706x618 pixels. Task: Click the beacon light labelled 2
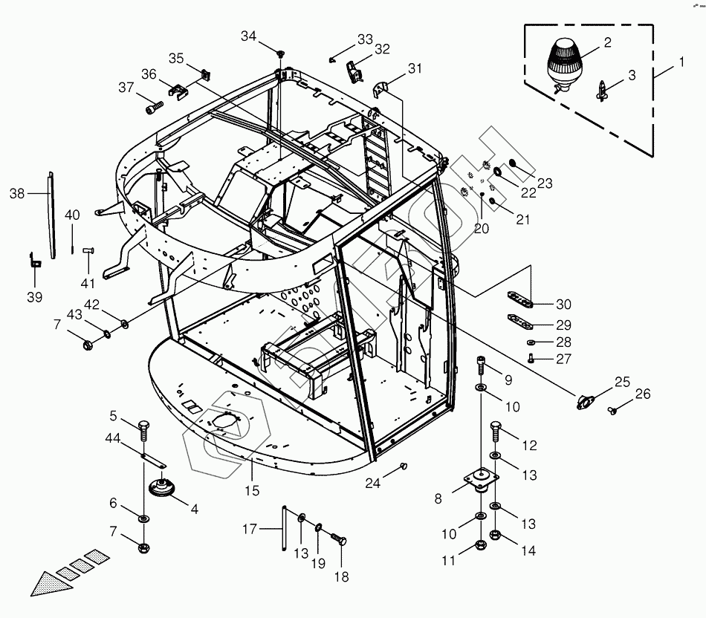point(564,65)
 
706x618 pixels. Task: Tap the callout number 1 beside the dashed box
point(681,62)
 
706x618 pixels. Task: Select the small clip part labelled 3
point(602,91)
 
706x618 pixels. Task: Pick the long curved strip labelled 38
point(52,215)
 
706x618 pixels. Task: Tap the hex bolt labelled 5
point(144,432)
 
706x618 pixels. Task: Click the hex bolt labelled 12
point(495,432)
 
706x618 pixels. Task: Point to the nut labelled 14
point(495,536)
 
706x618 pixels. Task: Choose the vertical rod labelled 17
point(285,528)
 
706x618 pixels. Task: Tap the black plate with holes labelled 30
point(520,299)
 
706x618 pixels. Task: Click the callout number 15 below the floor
point(252,491)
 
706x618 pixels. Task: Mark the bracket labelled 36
point(179,90)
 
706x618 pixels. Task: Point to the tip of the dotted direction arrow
point(30,596)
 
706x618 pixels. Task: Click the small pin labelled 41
point(88,255)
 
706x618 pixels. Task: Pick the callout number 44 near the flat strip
point(112,438)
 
